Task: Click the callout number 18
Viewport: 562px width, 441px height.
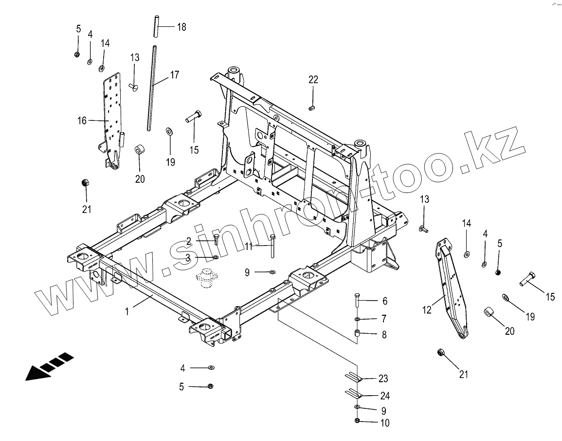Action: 181,27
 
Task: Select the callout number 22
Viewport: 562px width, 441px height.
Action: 313,80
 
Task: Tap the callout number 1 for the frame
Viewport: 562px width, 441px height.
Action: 127,311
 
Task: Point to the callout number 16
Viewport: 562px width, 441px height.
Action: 81,120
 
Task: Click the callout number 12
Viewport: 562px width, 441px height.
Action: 427,309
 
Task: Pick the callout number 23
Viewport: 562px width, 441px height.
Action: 383,379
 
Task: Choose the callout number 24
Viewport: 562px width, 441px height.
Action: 384,396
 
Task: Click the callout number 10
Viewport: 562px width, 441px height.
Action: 384,423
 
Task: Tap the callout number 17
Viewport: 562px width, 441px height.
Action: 174,75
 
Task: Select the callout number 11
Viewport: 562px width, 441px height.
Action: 249,247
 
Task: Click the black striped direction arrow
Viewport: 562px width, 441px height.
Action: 49,367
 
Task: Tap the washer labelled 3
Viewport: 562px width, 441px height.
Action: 215,257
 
